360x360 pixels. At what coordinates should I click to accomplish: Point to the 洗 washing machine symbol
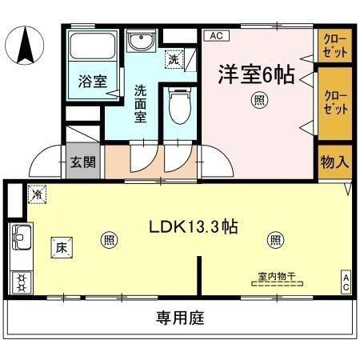(173, 58)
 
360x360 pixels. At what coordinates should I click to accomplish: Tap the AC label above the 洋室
(214, 35)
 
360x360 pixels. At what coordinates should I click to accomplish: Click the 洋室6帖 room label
(256, 76)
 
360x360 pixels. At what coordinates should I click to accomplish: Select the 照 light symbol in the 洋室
(259, 101)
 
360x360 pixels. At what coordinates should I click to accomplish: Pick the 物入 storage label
(334, 162)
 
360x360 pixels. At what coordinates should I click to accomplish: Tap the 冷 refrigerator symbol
(37, 194)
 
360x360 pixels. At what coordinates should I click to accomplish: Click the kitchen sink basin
(21, 238)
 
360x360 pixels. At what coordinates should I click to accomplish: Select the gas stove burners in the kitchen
(21, 281)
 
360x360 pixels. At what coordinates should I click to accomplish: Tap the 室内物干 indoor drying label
(277, 277)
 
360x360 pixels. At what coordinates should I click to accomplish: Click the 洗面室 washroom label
(141, 103)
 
